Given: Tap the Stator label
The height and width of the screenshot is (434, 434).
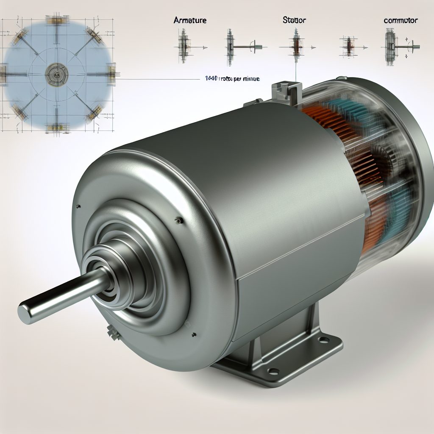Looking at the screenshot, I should click(x=292, y=19).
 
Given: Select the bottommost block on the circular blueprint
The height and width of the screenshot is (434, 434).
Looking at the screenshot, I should click(x=57, y=127).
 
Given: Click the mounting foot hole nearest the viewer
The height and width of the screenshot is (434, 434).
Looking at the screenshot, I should click(x=273, y=371).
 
